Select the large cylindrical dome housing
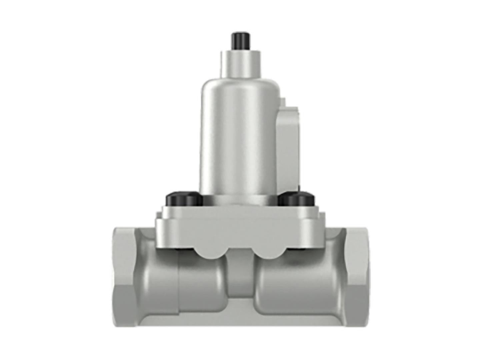tap(240, 133)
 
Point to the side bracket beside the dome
tap(289, 143)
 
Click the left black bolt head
tap(184, 199)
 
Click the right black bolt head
tap(297, 199)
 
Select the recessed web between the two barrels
tap(240, 277)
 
